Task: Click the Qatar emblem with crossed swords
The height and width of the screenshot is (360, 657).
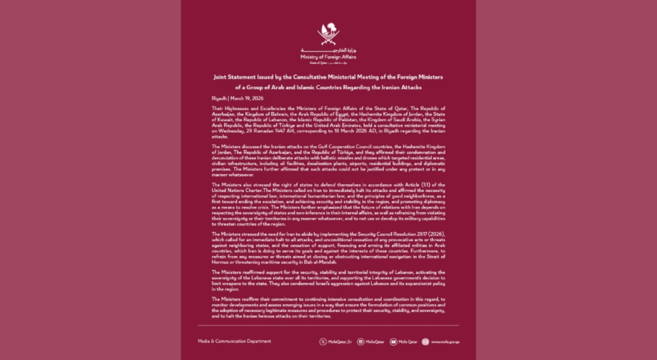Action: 328,34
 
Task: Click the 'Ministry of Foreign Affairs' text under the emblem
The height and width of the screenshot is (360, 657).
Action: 328,57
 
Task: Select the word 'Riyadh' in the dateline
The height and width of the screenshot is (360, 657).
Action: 219,98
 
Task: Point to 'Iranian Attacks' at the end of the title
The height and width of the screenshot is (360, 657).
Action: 418,87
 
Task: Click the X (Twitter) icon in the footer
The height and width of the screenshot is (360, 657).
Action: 323,342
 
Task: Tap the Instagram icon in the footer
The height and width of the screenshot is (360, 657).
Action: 361,342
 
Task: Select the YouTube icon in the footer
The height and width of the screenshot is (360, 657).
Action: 393,342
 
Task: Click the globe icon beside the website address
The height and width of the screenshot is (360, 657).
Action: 425,342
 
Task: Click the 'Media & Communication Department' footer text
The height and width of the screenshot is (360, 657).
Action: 234,341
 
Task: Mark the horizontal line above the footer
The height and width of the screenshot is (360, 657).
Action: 328,326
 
